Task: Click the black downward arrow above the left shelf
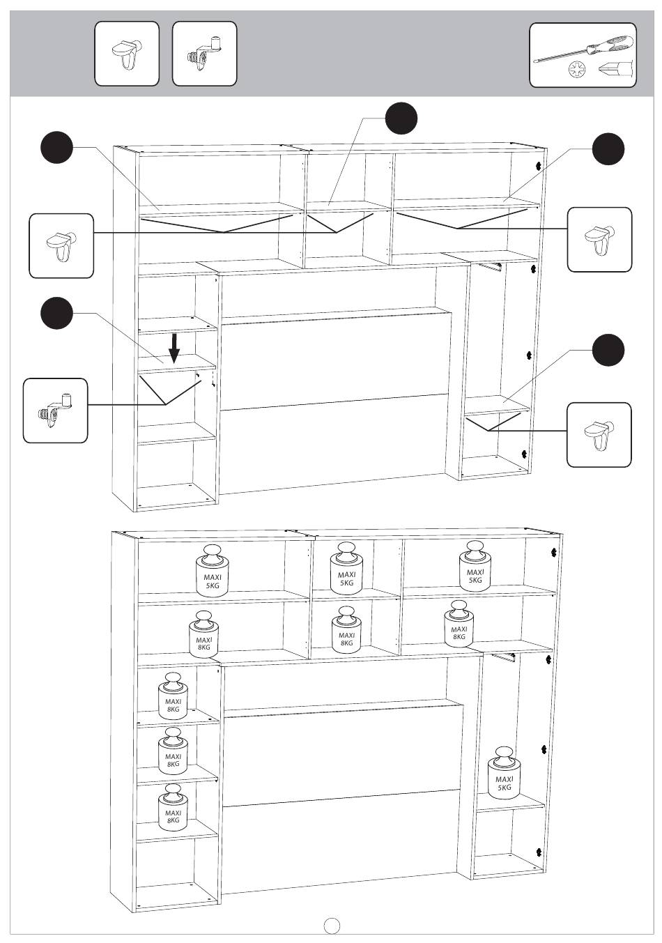pyautogui.click(x=174, y=348)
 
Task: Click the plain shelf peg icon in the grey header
pyautogui.click(x=127, y=54)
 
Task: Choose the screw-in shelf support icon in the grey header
pyautogui.click(x=205, y=54)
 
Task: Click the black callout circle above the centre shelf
pyautogui.click(x=401, y=118)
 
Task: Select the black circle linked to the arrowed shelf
pyautogui.click(x=57, y=313)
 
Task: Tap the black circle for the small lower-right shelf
pyautogui.click(x=608, y=351)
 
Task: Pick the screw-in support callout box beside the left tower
pyautogui.click(x=56, y=411)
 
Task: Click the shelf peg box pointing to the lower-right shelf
pyautogui.click(x=599, y=435)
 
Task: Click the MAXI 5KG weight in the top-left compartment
pyautogui.click(x=212, y=571)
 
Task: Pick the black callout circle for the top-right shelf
pyautogui.click(x=608, y=149)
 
